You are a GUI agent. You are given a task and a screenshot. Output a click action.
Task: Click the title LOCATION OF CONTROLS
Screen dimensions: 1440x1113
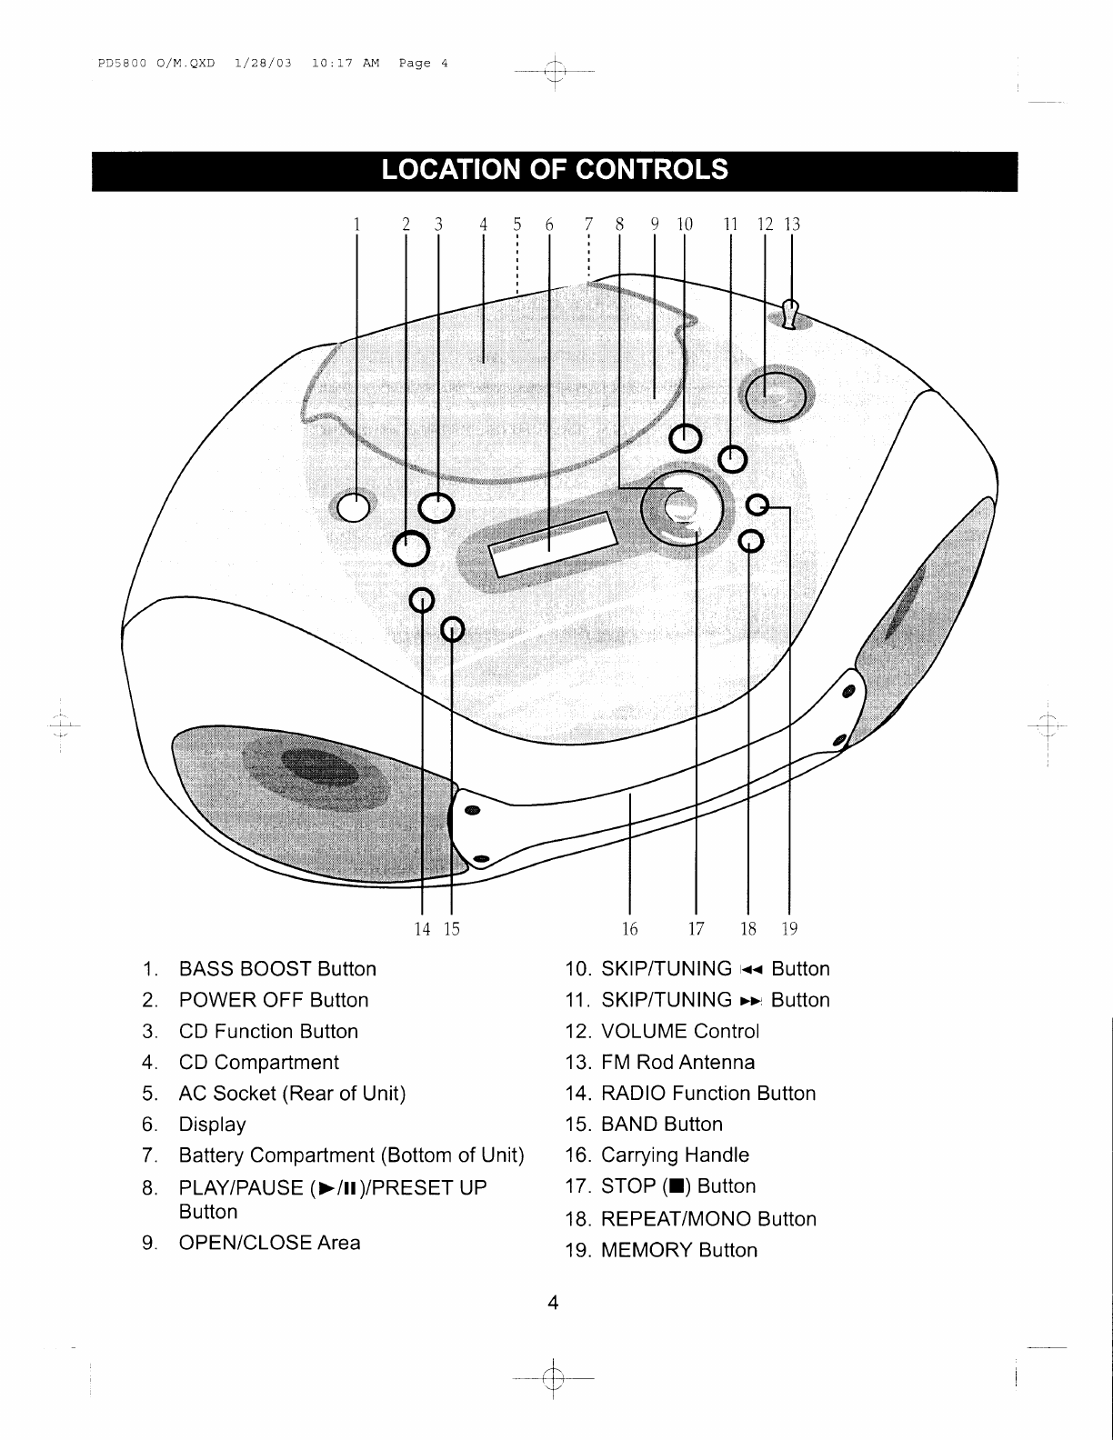point(555,170)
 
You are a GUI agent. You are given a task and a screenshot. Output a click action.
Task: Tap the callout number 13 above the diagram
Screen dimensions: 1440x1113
point(792,224)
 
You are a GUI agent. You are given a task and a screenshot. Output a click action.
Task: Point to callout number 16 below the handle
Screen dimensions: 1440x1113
point(629,928)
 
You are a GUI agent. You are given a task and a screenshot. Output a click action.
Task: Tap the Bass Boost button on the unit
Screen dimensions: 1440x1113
point(355,507)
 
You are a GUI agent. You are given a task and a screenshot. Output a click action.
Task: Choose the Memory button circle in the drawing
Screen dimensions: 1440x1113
point(757,505)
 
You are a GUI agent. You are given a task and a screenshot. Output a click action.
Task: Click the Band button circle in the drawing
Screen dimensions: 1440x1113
point(453,628)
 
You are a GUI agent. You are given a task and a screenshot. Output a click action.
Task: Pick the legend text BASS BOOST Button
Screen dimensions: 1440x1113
point(277,969)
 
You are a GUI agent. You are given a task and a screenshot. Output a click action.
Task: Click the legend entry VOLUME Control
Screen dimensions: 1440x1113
point(679,1031)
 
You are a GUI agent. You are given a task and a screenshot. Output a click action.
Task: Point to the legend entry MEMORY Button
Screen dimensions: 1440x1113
point(678,1250)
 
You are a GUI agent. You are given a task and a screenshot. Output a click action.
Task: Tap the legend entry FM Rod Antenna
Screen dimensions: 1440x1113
point(677,1062)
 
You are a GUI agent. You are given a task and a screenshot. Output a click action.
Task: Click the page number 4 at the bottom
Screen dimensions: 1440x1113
point(552,1303)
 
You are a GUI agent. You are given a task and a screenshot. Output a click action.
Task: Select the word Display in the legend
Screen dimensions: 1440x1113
point(212,1125)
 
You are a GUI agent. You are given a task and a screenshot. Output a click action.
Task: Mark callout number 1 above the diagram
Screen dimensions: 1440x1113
point(357,224)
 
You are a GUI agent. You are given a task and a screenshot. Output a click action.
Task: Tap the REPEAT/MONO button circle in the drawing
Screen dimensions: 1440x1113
point(750,541)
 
